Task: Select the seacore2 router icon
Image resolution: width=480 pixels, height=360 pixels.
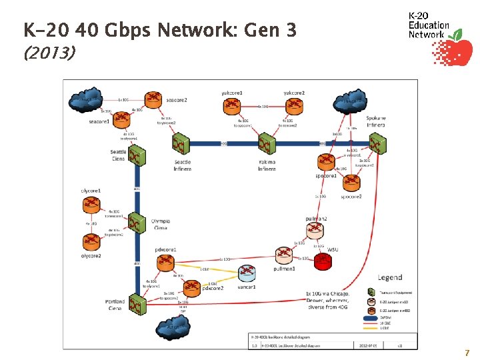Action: pos(153,99)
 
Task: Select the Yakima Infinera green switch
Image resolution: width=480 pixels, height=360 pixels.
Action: pos(266,145)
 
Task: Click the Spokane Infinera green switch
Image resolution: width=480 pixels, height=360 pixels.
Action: pos(379,141)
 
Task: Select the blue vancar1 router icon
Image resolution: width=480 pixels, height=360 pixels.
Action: pos(247,273)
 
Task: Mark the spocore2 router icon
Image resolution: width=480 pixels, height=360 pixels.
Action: pos(351,181)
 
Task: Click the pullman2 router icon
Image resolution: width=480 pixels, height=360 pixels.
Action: pos(315,231)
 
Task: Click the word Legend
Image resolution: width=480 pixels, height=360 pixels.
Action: pos(390,277)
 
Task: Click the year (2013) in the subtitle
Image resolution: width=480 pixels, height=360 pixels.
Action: pos(49,52)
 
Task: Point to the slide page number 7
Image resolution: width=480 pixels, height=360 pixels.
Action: pos(467,353)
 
